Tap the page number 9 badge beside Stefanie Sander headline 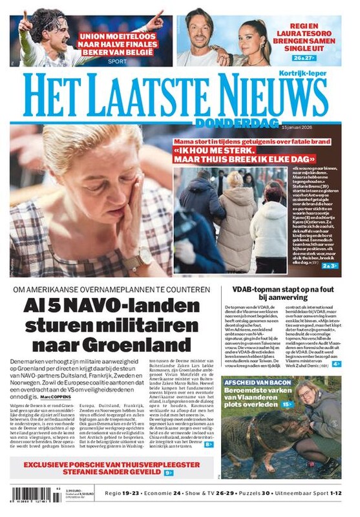(x=169, y=472)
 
